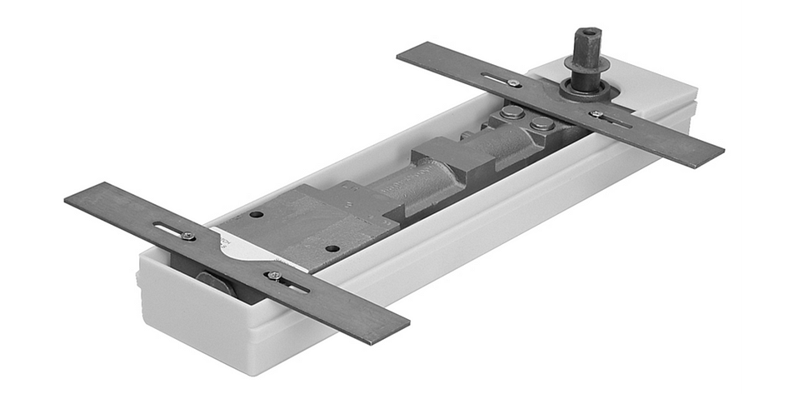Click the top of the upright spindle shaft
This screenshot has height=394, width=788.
(x=585, y=34)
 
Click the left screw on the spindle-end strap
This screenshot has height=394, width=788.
(x=514, y=83)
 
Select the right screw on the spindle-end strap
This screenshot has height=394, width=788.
(x=597, y=114)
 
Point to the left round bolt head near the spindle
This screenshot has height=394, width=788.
(x=511, y=112)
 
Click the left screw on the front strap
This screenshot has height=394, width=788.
(x=188, y=236)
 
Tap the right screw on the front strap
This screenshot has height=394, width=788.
(x=274, y=276)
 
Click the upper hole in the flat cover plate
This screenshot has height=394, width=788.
(x=257, y=214)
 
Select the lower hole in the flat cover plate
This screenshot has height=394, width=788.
(x=332, y=248)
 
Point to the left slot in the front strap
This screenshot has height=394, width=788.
(x=170, y=230)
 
